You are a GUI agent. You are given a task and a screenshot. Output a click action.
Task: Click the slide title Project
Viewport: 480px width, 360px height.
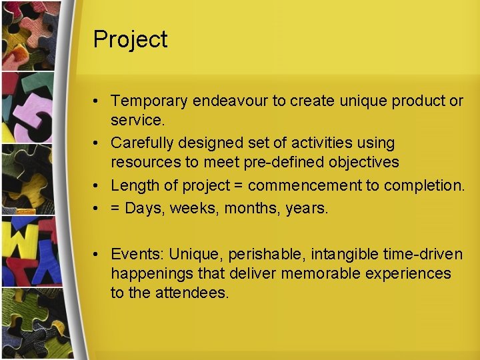(x=130, y=39)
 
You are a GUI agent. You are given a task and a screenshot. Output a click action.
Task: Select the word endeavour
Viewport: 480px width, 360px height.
(x=230, y=101)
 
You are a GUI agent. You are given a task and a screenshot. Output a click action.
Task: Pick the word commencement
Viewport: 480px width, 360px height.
(x=304, y=185)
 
